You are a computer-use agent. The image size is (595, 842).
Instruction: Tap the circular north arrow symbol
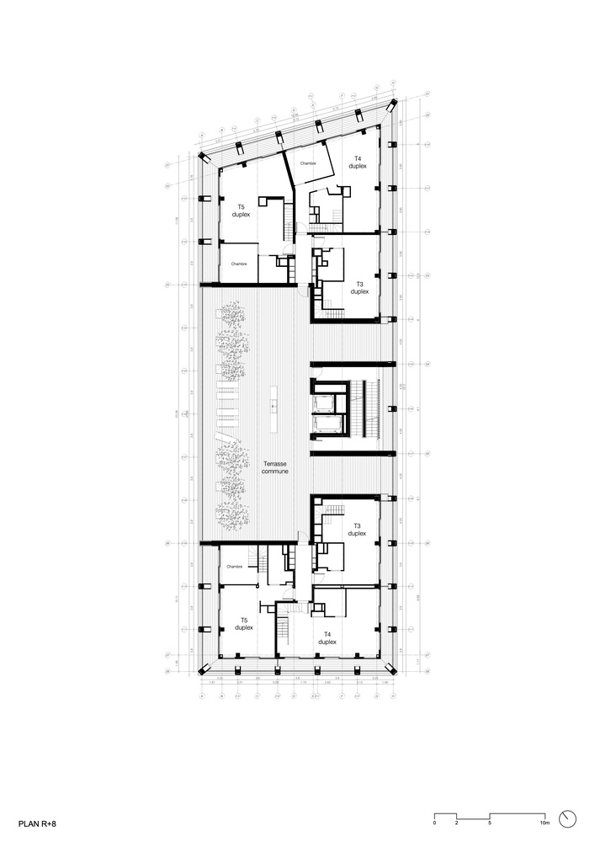point(570,818)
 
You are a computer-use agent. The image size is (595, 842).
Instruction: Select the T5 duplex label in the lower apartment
point(244,624)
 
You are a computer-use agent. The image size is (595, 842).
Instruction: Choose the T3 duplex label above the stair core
point(359,287)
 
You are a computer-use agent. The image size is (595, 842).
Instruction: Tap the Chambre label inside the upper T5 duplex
point(239,264)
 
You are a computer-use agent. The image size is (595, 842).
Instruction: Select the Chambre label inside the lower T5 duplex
point(234,567)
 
